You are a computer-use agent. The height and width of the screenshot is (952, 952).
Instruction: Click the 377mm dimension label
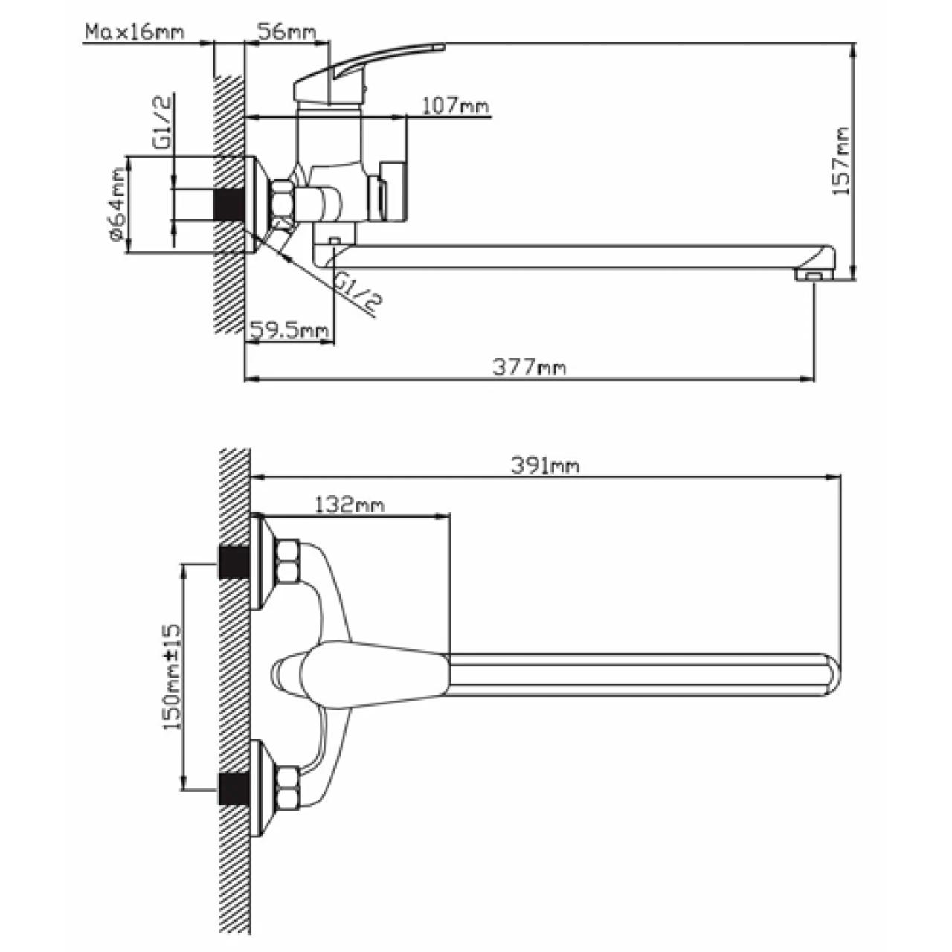pos(529,367)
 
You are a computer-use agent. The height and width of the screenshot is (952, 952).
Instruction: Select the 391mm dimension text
pos(545,466)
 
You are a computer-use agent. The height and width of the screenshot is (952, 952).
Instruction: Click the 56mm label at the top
pos(286,32)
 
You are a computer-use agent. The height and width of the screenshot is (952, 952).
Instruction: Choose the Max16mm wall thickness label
pos(135,32)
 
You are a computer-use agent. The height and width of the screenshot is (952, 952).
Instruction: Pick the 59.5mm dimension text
pos(289,329)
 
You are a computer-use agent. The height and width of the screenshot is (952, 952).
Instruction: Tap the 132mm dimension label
pos(349,504)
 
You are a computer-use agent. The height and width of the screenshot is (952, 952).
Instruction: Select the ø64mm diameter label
pos(117,205)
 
